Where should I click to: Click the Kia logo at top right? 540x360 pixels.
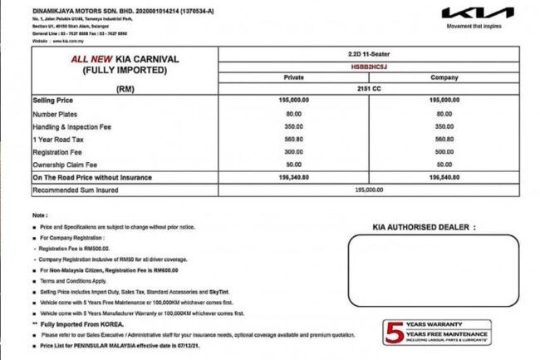[473, 13]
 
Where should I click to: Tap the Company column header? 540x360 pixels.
[444, 76]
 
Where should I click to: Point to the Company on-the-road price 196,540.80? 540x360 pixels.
[444, 178]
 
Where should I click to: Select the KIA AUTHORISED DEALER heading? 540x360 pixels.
[424, 226]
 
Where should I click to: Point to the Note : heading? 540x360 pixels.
[41, 215]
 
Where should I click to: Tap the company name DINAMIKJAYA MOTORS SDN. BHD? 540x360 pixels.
[86, 8]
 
